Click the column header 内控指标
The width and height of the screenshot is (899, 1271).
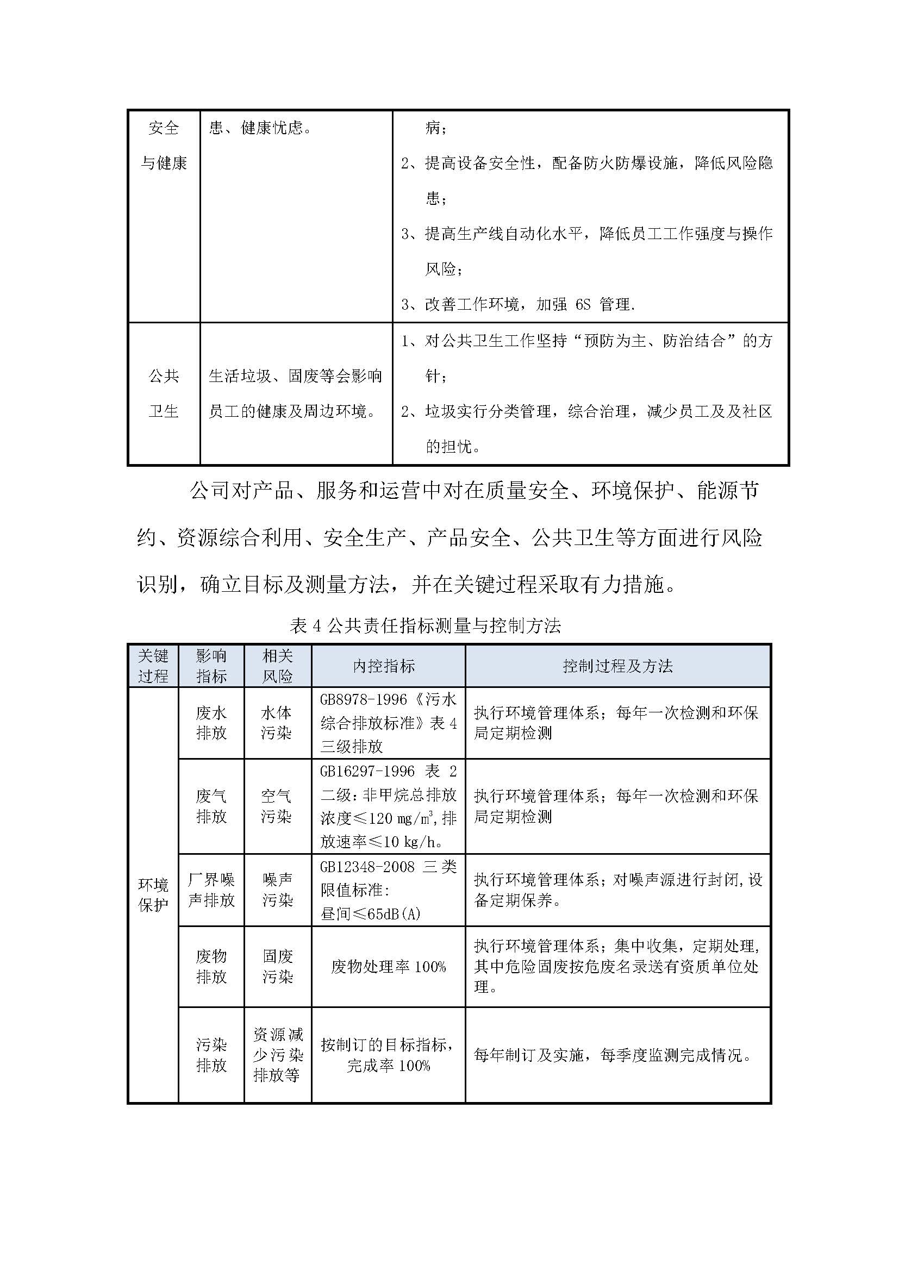pyautogui.click(x=384, y=666)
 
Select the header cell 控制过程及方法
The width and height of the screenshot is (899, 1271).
pyautogui.click(x=617, y=666)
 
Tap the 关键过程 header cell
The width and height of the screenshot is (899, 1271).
pyautogui.click(x=153, y=666)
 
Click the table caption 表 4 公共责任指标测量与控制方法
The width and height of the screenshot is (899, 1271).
pyautogui.click(x=425, y=626)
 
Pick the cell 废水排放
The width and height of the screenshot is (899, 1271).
pyautogui.click(x=211, y=723)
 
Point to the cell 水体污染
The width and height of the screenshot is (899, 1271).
pyautogui.click(x=277, y=723)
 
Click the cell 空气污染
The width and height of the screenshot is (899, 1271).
pyautogui.click(x=277, y=806)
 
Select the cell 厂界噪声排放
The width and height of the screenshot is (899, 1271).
pyautogui.click(x=211, y=890)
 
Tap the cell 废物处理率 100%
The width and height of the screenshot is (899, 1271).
pyautogui.click(x=388, y=967)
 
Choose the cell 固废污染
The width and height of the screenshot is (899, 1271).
pyautogui.click(x=277, y=967)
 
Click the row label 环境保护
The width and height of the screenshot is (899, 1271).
pyautogui.click(x=153, y=895)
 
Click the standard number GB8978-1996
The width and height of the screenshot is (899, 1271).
pyautogui.click(x=363, y=700)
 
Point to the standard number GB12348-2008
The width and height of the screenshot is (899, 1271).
pyautogui.click(x=367, y=867)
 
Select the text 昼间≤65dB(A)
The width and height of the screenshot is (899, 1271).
pyautogui.click(x=370, y=914)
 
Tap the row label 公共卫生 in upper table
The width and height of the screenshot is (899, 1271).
pyautogui.click(x=164, y=393)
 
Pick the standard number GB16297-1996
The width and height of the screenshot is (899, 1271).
pyautogui.click(x=367, y=771)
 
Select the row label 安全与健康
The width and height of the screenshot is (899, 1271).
pyautogui.click(x=164, y=146)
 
